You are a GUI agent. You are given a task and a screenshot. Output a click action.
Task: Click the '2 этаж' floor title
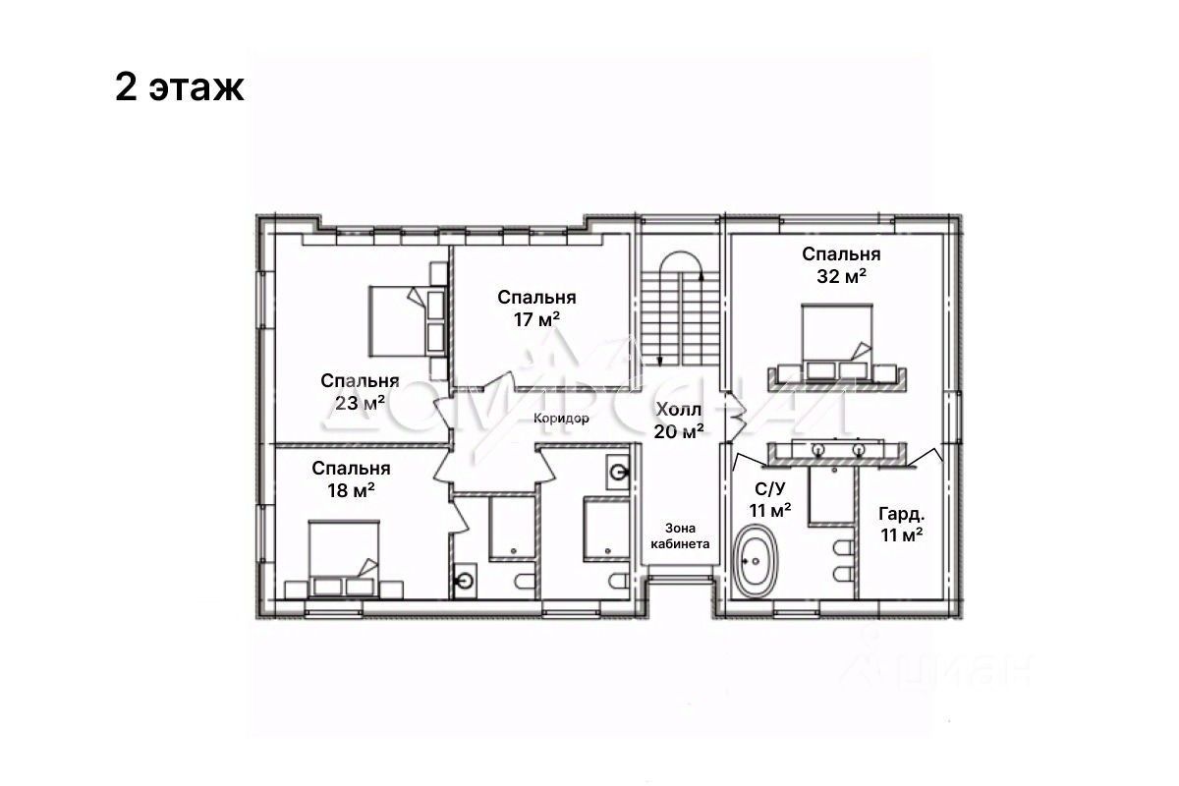pyautogui.click(x=180, y=87)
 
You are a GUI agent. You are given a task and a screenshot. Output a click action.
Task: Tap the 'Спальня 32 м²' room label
pyautogui.click(x=841, y=265)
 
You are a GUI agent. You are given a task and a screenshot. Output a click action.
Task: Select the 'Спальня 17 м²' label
pyautogui.click(x=536, y=308)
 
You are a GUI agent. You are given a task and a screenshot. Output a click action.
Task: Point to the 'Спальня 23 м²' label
pyautogui.click(x=360, y=392)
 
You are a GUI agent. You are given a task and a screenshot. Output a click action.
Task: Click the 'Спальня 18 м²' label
pyautogui.click(x=351, y=479)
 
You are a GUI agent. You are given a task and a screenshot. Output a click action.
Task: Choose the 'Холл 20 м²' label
pyautogui.click(x=679, y=421)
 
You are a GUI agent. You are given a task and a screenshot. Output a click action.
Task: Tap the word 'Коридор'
pyautogui.click(x=561, y=419)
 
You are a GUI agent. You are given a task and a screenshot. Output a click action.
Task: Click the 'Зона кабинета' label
pyautogui.click(x=680, y=535)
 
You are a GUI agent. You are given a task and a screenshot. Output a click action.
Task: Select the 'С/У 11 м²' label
pyautogui.click(x=770, y=499)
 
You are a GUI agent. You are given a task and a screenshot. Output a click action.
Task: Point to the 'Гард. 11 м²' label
pyautogui.click(x=902, y=524)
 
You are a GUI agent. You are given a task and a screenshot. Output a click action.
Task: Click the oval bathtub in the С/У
pyautogui.click(x=756, y=561)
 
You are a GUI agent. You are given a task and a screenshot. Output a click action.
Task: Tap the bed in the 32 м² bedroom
pyautogui.click(x=837, y=341)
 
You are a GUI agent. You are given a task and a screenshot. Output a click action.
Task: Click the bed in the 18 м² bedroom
pyautogui.click(x=344, y=559)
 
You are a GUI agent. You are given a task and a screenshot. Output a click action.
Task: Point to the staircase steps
pyautogui.click(x=680, y=317)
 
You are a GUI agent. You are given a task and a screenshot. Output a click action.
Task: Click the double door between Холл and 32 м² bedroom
pyautogui.click(x=734, y=416)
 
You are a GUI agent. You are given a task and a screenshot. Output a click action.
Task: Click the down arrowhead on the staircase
pyautogui.click(x=660, y=361)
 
